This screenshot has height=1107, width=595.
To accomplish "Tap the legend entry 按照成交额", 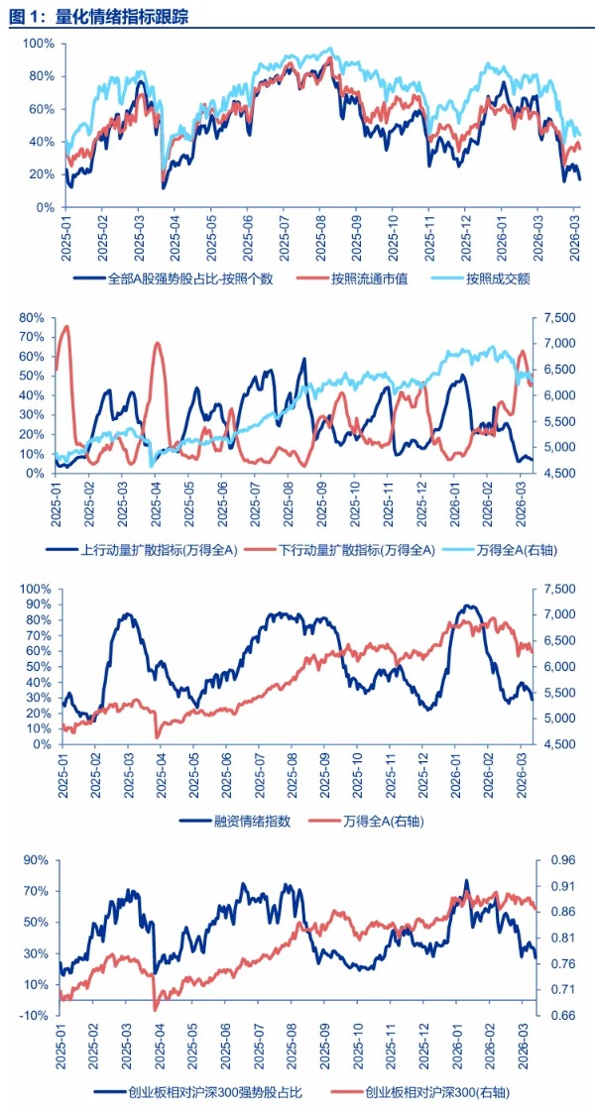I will click(497, 278).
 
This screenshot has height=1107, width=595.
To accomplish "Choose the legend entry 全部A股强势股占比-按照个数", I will click(189, 278).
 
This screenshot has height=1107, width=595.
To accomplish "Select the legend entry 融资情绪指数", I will click(249, 821).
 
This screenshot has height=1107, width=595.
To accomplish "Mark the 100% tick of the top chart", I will click(38, 45).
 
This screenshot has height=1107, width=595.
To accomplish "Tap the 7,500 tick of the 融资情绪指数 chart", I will click(562, 589).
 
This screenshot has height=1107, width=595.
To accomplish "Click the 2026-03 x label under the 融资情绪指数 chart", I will click(523, 779).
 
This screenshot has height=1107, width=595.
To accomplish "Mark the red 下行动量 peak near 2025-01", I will click(66, 326).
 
